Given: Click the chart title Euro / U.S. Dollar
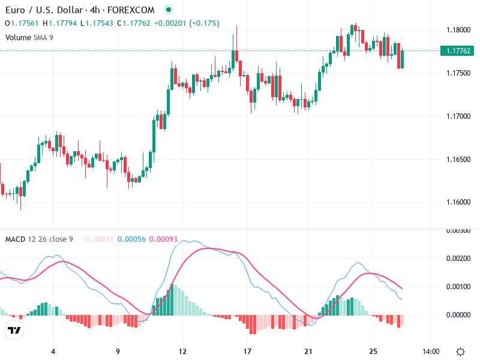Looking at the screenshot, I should [43, 10].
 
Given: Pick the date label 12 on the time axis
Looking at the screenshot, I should [182, 351].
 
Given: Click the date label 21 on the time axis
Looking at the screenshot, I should [308, 351].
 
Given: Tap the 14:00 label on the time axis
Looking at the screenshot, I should [431, 351].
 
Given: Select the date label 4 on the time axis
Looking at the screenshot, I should [53, 351].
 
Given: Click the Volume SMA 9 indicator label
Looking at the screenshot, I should [30, 37].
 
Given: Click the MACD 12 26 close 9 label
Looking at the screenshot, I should [39, 239].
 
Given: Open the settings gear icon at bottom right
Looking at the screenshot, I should [460, 351].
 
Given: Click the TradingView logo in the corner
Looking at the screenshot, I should [14, 330].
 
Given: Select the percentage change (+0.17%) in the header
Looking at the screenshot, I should [204, 23].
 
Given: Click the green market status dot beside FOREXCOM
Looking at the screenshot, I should [169, 10].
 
